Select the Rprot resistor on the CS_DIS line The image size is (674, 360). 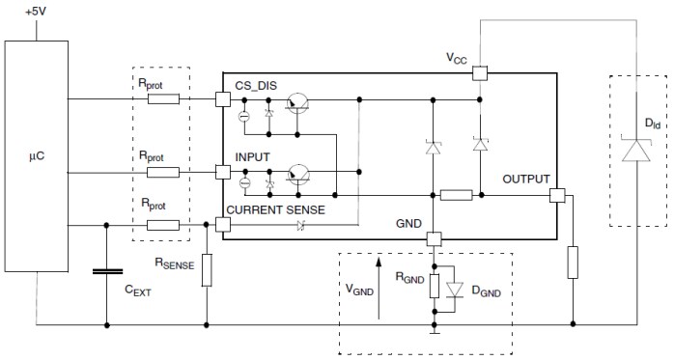pos(162,98)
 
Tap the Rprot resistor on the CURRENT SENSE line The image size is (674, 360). pos(162,224)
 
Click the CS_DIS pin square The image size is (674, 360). pos(223,98)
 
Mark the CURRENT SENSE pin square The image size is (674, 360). pos(223,224)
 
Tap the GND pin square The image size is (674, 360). pos(435,238)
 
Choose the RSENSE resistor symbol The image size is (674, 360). pos(206,270)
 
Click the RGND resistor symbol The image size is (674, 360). pos(435,286)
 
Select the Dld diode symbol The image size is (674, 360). pos(637,152)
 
